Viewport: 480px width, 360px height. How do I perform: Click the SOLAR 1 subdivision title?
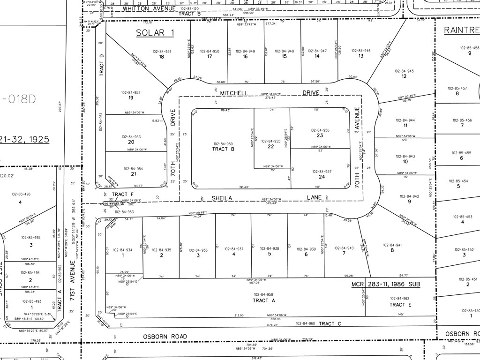point(155,33)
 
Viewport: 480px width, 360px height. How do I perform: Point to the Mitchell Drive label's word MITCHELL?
point(234,93)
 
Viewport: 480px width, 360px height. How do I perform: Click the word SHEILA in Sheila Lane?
point(222,198)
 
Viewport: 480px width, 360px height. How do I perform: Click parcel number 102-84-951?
point(162,51)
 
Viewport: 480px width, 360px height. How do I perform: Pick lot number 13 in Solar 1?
point(361,56)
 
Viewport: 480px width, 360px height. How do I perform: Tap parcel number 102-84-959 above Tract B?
point(223,144)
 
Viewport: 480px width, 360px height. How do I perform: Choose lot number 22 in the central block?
point(271,146)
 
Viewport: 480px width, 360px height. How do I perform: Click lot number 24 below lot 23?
point(322,177)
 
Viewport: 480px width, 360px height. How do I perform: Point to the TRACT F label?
point(120,194)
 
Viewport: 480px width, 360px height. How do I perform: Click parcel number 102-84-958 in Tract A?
point(263,294)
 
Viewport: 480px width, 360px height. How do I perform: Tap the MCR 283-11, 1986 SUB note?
point(386,284)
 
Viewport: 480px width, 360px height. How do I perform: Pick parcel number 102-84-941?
point(392,245)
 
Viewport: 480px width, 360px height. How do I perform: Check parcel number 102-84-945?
point(404,71)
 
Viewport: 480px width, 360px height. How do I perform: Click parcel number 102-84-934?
point(123,250)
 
